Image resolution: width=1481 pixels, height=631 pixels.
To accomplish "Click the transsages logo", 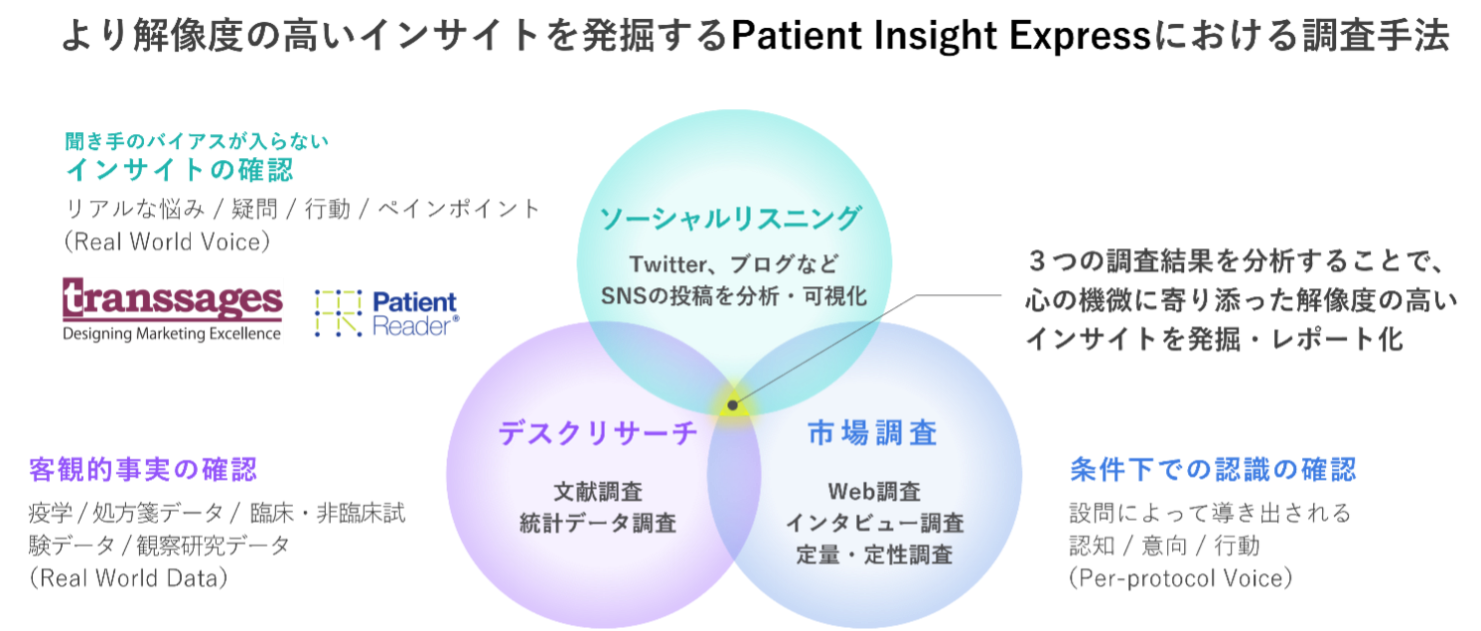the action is click(173, 310).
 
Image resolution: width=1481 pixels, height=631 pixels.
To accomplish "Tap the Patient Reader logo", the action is click(386, 314).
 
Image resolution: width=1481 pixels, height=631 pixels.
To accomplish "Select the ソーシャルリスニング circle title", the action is click(729, 218).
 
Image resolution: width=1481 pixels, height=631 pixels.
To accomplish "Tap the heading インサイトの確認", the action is click(179, 171).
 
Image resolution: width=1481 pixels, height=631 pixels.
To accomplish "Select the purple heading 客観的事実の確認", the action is click(143, 468).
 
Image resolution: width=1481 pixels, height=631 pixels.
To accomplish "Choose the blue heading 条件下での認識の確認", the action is click(1213, 469).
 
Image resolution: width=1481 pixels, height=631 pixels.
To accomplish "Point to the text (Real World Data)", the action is click(128, 577).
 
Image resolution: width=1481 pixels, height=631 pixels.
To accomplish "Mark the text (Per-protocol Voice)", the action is click(1181, 578).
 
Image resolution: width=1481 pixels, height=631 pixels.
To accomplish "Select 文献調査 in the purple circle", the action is click(598, 491).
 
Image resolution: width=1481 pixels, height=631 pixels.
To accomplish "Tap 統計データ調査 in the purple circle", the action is click(598, 523).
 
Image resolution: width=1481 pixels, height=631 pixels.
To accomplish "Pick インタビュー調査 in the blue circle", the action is click(874, 523).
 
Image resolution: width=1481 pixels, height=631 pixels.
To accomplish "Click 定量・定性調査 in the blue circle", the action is click(874, 554).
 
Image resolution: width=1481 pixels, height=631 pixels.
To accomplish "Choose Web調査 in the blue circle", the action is click(874, 491).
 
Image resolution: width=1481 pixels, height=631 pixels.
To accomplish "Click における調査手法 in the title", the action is click(1302, 37).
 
